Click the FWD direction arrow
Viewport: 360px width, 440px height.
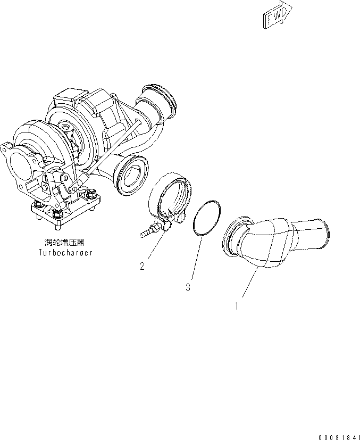[x=277, y=16]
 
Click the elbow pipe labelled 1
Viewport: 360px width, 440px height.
[x=271, y=239]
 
